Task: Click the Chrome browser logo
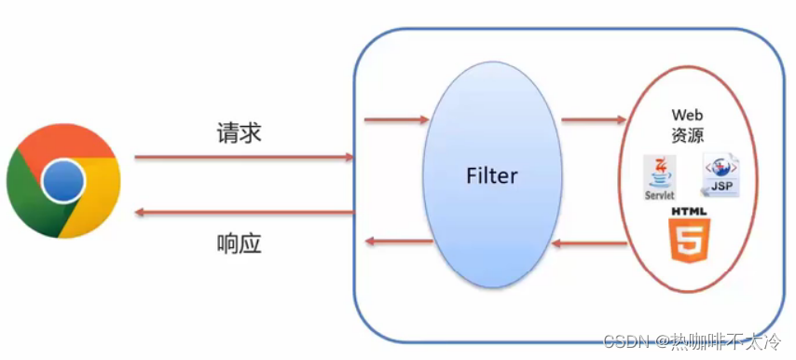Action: (x=63, y=181)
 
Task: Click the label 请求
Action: (x=239, y=133)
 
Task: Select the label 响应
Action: (x=239, y=245)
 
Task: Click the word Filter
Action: (x=492, y=175)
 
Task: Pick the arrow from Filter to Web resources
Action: (x=593, y=119)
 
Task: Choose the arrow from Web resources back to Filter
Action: (x=589, y=244)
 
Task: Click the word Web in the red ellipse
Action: (x=687, y=115)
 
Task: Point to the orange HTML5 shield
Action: (x=688, y=242)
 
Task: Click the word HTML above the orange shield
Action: (x=688, y=213)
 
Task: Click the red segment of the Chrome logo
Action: (x=65, y=144)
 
